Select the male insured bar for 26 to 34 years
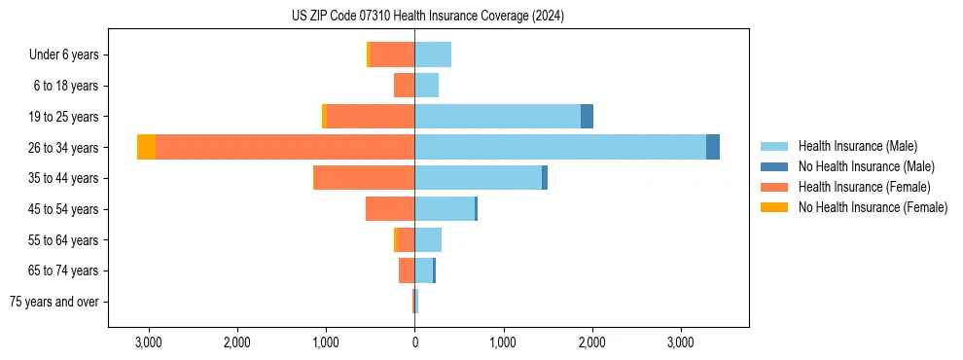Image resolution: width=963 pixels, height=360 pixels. coord(560,147)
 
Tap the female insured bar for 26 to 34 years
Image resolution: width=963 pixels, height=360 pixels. coord(285,147)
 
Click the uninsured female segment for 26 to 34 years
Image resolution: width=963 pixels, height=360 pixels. coord(146,147)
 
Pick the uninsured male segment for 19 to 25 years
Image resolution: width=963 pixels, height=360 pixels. coord(587,117)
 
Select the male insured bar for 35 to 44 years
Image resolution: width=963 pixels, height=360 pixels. coord(478,178)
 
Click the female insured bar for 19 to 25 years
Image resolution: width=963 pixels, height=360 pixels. coord(371,117)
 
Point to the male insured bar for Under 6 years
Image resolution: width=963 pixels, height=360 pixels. coord(433,54)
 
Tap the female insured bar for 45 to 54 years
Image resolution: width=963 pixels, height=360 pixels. coord(390,209)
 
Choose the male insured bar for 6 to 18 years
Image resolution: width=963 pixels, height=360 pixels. coord(426,86)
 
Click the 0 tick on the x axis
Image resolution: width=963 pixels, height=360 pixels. coord(414,342)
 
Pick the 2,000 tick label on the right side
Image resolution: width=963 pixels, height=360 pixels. coord(591,342)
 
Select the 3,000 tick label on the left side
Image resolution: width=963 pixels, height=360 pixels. coord(148,342)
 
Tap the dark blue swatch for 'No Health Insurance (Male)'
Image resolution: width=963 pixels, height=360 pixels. coord(774,166)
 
